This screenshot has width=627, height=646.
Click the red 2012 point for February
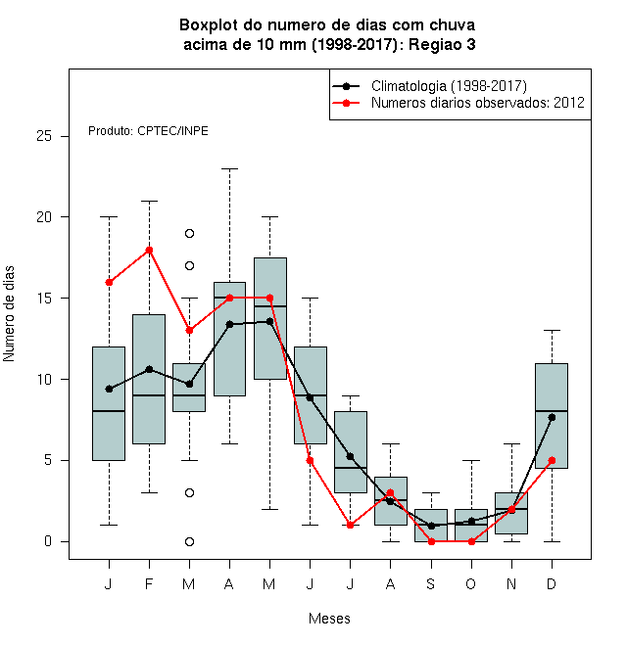pyautogui.click(x=149, y=250)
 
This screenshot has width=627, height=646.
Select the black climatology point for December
pyautogui.click(x=552, y=417)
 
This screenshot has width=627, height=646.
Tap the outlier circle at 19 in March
pyautogui.click(x=189, y=234)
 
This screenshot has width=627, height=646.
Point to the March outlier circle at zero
pyautogui.click(x=189, y=542)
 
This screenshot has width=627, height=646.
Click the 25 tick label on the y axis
pyautogui.click(x=44, y=136)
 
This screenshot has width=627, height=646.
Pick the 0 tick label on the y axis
pyautogui.click(x=48, y=541)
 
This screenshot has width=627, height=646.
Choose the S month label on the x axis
pyautogui.click(x=431, y=583)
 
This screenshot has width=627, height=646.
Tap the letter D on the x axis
pyautogui.click(x=552, y=583)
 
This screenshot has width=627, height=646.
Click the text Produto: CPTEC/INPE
pyautogui.click(x=148, y=131)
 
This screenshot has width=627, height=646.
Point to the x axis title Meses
pyautogui.click(x=329, y=619)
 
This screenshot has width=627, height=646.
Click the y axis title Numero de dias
pyautogui.click(x=9, y=314)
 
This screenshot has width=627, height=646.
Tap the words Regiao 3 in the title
pyautogui.click(x=442, y=44)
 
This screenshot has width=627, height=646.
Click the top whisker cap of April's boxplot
pyautogui.click(x=230, y=168)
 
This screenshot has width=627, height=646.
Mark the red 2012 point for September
pyautogui.click(x=431, y=542)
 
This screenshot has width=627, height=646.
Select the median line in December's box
pyautogui.click(x=552, y=411)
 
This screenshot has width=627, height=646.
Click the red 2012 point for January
pyautogui.click(x=109, y=282)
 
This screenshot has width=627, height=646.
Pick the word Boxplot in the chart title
pyautogui.click(x=209, y=25)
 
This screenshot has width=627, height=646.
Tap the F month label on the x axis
pyautogui.click(x=149, y=583)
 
